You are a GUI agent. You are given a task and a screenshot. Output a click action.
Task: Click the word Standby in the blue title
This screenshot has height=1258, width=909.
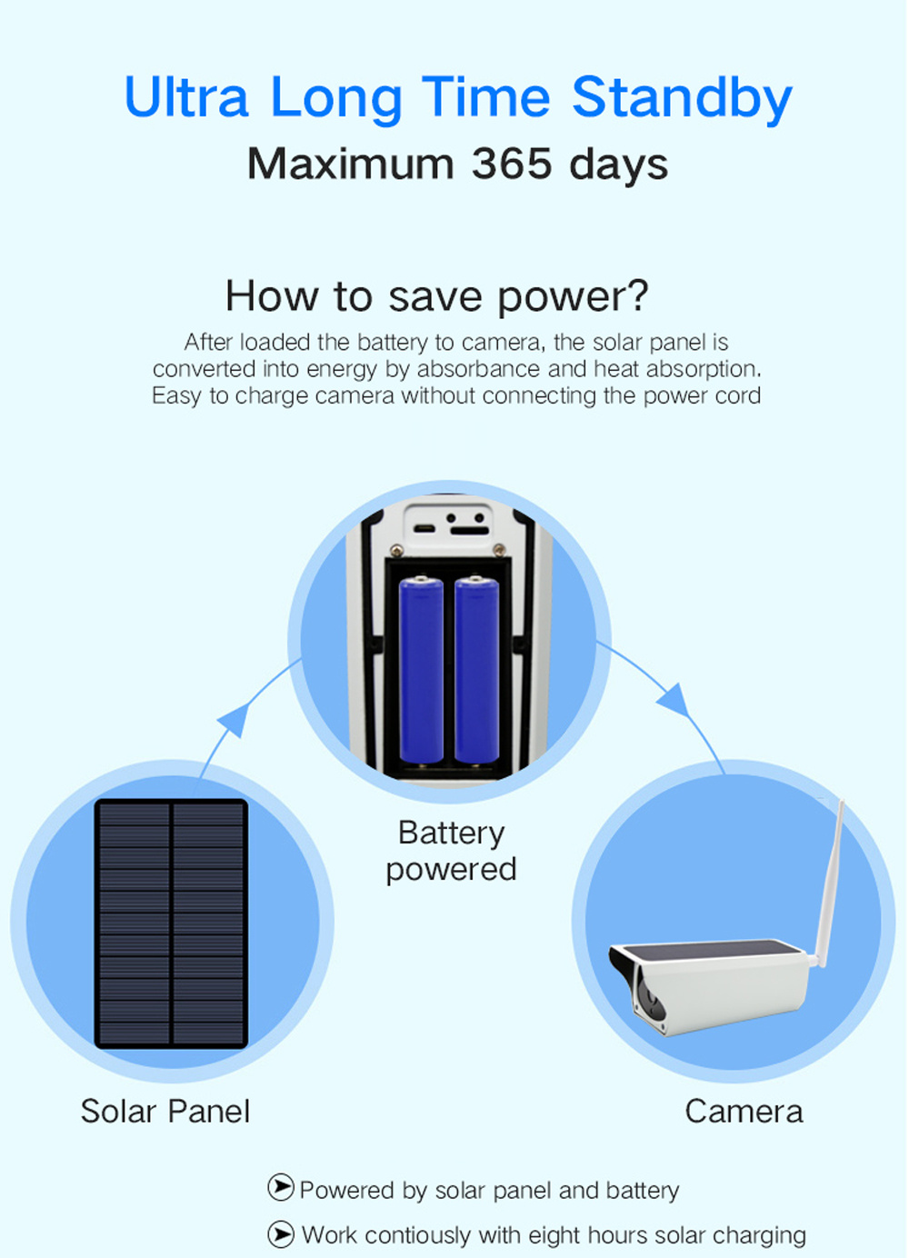[x=682, y=98]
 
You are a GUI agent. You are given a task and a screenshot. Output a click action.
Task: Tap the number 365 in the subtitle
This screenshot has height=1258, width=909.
[x=512, y=164]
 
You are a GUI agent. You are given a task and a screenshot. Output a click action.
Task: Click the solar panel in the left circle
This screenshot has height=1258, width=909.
[x=171, y=924]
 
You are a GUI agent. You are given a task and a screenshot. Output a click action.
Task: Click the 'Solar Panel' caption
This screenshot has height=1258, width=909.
[x=165, y=1111]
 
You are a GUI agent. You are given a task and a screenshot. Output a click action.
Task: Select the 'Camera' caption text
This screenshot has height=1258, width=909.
[x=744, y=1111]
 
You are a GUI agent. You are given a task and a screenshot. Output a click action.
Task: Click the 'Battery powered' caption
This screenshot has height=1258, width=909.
[x=451, y=851]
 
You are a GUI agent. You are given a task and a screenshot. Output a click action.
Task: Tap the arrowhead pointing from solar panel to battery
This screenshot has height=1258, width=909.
[x=235, y=720]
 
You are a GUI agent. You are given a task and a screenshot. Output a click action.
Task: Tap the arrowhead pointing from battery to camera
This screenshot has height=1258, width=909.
[x=674, y=698]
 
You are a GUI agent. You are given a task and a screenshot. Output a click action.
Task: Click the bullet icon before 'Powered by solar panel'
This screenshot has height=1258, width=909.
[x=281, y=1187]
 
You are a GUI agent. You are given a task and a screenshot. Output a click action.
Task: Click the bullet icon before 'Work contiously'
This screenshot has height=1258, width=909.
[x=281, y=1233]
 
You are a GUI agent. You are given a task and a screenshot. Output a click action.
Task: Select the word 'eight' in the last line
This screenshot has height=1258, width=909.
[x=554, y=1235]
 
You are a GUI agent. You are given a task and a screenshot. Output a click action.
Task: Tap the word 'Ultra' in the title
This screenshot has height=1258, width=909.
[x=186, y=98]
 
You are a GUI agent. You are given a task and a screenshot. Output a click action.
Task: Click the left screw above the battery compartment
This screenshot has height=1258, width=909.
[x=396, y=550]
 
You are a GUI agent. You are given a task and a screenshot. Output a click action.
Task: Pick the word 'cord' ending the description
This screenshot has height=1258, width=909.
[x=738, y=396]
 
